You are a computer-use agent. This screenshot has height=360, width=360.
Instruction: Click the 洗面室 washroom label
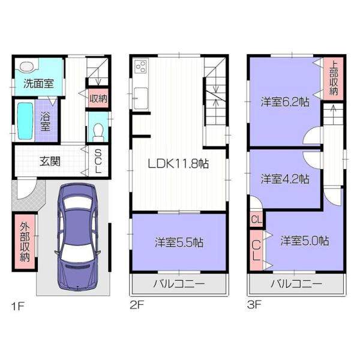click(x=38, y=84)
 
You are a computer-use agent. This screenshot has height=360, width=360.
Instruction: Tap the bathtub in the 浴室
click(x=25, y=121)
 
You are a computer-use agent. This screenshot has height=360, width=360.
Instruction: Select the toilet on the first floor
click(x=98, y=133)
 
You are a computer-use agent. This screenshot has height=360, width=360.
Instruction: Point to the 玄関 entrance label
click(x=50, y=161)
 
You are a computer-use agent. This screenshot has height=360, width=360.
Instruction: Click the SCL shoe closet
click(x=98, y=161)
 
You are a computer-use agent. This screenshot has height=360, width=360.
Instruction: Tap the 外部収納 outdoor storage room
click(x=25, y=242)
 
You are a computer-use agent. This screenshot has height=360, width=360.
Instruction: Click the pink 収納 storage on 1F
click(x=98, y=98)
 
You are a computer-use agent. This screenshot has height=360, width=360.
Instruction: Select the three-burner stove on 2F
click(x=140, y=66)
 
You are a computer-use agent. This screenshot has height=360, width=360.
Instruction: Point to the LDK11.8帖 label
click(x=178, y=164)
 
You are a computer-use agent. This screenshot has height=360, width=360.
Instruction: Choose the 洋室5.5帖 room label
click(x=179, y=242)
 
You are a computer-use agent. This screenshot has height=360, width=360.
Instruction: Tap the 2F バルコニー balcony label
click(x=179, y=284)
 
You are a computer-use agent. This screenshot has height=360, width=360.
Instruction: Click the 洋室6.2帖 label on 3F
click(x=285, y=102)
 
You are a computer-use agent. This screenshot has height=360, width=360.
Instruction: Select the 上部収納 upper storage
click(x=334, y=79)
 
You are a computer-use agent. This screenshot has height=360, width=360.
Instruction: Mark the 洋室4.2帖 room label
click(x=285, y=179)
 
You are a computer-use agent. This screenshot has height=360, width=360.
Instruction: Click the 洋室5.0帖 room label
click(x=304, y=241)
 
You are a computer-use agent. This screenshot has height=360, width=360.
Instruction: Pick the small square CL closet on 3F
click(x=256, y=220)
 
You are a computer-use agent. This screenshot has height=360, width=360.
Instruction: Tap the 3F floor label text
click(x=254, y=305)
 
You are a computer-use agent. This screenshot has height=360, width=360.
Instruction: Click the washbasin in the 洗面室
click(x=27, y=67)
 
